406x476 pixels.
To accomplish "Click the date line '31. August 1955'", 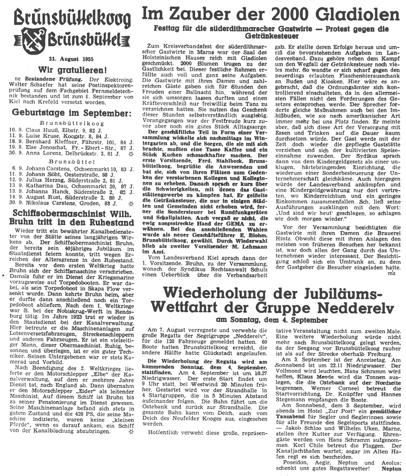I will pos(71,59).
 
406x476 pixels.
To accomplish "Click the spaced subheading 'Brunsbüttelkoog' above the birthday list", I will pos(72,123).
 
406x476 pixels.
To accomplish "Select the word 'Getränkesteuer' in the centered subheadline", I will pos(272,36).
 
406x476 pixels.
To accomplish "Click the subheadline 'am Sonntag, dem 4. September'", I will pos(272,320).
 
